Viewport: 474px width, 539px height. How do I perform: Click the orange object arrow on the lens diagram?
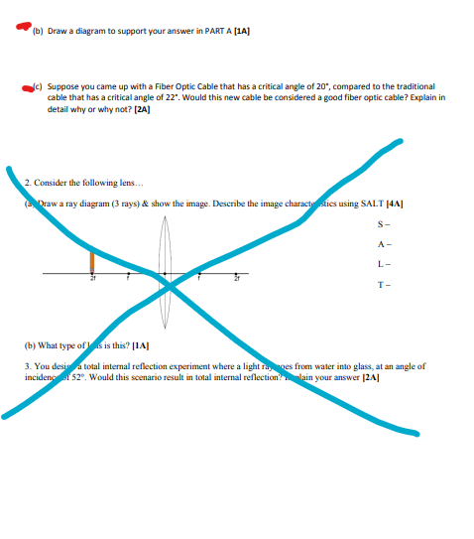[x=92, y=260]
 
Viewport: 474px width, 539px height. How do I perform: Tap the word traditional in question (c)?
[x=415, y=87]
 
